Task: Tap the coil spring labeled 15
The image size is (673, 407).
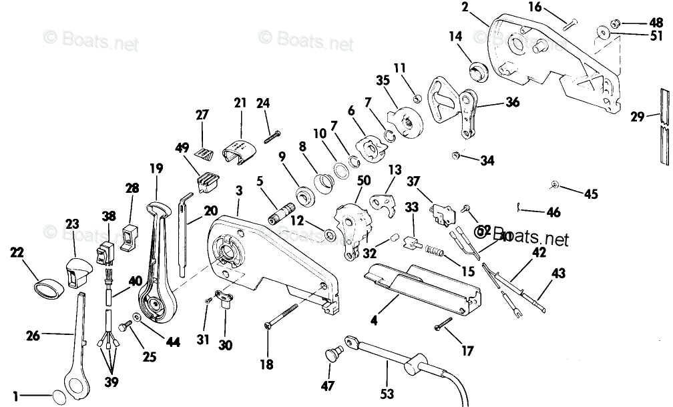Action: click(x=433, y=254)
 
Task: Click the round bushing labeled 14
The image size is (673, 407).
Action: click(x=479, y=69)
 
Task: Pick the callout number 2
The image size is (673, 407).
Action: click(x=484, y=8)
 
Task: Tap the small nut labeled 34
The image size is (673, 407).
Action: click(x=455, y=156)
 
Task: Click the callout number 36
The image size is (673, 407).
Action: click(x=512, y=102)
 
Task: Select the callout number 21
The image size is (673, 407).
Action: click(x=240, y=103)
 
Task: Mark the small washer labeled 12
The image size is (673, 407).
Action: click(x=330, y=235)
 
